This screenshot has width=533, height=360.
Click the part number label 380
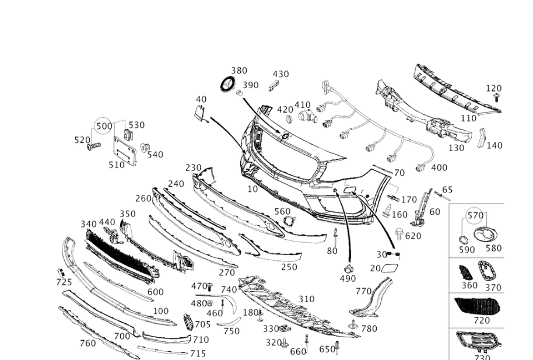point(239,71)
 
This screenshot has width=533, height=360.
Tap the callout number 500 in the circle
point(104,126)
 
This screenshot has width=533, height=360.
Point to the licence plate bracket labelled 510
point(124,150)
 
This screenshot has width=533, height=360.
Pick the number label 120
point(494,89)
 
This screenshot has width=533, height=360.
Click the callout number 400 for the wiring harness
point(439,168)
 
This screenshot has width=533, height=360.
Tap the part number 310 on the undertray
point(306,299)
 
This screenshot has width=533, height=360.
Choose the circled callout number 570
point(475,215)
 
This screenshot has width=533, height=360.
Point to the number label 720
point(482,320)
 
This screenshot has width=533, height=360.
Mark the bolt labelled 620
point(399,234)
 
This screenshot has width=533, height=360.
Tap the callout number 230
point(194,167)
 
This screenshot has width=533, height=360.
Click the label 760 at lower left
point(87,343)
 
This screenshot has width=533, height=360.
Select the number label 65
point(447,189)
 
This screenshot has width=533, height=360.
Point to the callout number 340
point(89,224)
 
